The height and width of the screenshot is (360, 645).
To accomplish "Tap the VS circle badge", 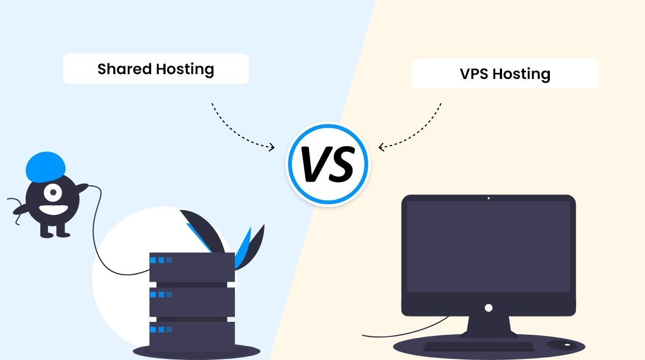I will click(327, 163).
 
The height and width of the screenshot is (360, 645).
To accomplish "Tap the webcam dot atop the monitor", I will click(488, 198).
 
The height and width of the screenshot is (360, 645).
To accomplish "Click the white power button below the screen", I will click(488, 308).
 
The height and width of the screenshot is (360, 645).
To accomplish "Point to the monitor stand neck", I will click(488, 326).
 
